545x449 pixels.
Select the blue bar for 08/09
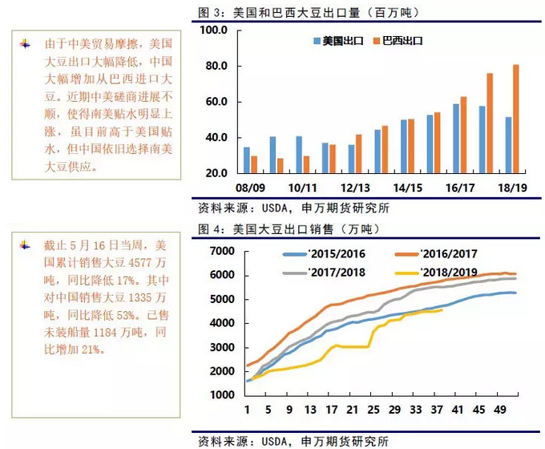[x=247, y=160]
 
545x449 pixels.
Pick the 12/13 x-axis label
[x=354, y=187]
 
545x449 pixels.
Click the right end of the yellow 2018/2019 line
[x=442, y=310]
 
